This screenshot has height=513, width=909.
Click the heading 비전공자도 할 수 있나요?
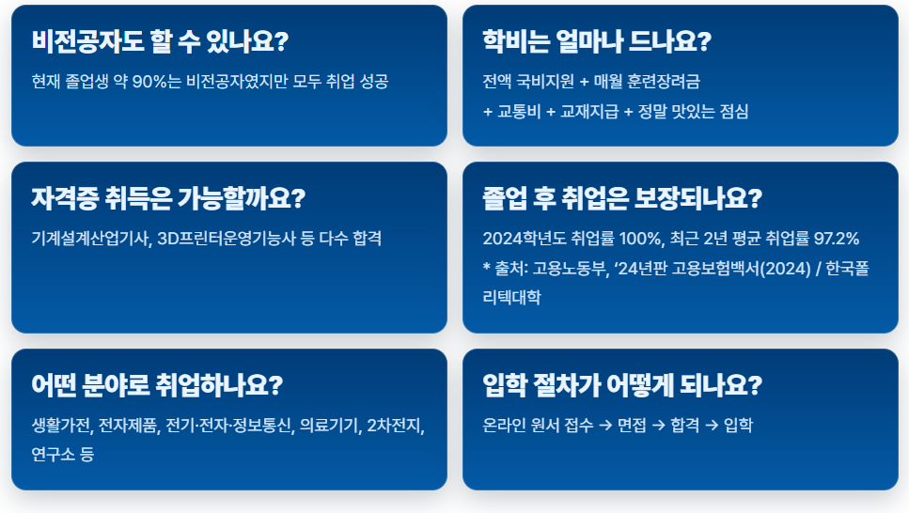tap(160, 42)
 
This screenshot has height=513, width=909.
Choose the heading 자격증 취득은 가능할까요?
tap(168, 199)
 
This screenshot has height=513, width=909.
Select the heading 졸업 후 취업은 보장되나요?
tap(621, 199)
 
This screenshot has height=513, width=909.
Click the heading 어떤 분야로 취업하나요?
tap(157, 386)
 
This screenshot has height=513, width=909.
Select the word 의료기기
tap(329, 426)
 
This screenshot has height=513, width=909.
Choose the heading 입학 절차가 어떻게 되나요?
tap(621, 386)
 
